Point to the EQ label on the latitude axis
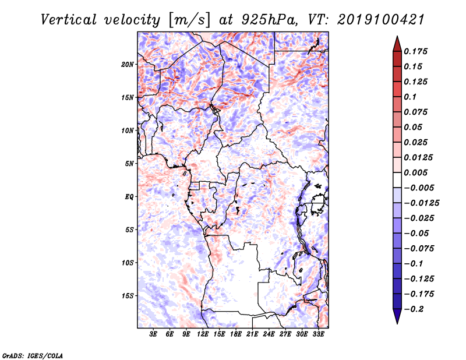click(129, 196)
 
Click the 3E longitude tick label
click(154, 334)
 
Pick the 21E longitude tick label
click(252, 334)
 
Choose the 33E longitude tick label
click(318, 334)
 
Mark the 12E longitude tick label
click(203, 334)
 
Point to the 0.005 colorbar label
click(417, 172)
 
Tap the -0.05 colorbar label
click(418, 233)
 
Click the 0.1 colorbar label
click(412, 97)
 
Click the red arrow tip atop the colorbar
click(396, 41)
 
